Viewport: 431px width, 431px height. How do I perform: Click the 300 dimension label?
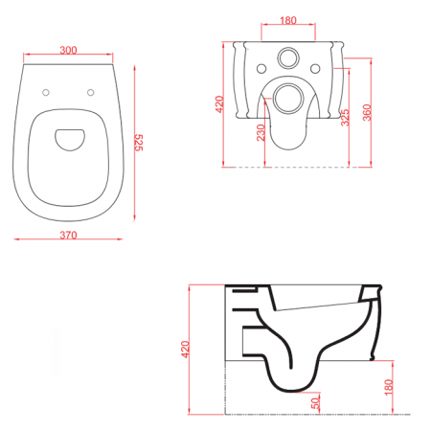tap(68, 50)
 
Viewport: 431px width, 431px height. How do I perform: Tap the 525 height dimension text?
tap(139, 143)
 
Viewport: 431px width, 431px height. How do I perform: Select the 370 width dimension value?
tap(68, 236)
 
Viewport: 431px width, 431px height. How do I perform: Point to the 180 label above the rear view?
tap(288, 20)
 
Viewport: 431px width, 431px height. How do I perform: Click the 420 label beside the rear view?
tap(219, 104)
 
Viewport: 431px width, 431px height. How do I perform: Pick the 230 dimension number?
tap(261, 132)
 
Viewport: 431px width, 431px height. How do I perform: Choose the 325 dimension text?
tap(345, 118)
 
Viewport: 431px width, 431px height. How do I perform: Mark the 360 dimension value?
tap(367, 112)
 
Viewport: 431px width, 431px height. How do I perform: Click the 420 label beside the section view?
tap(185, 350)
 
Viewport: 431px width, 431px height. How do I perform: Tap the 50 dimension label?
tap(315, 403)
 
